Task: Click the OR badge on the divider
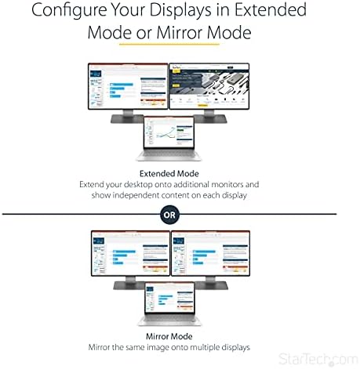[169, 213]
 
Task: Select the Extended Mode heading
[169, 173]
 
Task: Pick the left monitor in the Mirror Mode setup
[130, 251]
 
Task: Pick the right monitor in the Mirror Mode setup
[210, 251]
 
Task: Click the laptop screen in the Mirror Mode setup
[169, 293]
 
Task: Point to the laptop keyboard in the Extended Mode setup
[169, 158]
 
